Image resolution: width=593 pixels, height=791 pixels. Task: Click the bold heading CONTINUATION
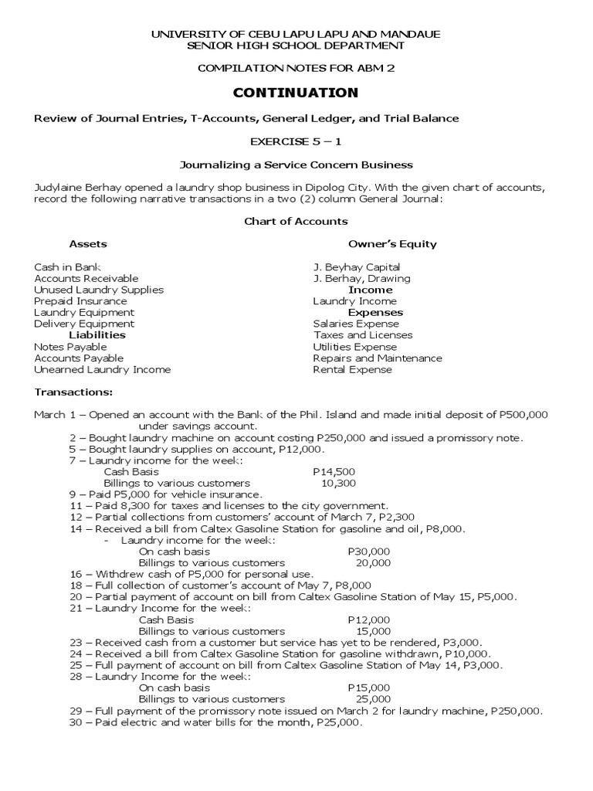[x=296, y=93]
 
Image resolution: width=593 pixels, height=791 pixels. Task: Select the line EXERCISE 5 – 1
[x=296, y=141]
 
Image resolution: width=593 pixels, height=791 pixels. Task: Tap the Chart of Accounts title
[x=296, y=221]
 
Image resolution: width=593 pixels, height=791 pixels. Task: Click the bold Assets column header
[x=88, y=243]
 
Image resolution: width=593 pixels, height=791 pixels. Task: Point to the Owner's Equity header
[x=392, y=243]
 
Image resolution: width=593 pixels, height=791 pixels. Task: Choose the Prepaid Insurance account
[x=80, y=301]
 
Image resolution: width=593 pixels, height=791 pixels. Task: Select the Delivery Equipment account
[x=84, y=324]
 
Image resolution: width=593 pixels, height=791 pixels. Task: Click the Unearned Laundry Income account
[x=102, y=369]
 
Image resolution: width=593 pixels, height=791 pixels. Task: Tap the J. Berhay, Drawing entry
[x=361, y=278]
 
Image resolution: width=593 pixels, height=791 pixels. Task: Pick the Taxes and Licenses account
[x=363, y=335]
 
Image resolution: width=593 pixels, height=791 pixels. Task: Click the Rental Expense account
[x=352, y=369]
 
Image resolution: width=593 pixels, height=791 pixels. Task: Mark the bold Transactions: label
[x=73, y=392]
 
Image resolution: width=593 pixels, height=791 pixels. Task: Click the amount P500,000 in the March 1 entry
[x=524, y=415]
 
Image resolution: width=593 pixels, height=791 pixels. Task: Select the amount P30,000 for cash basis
[x=369, y=552]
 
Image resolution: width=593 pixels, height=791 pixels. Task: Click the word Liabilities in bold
[x=97, y=335]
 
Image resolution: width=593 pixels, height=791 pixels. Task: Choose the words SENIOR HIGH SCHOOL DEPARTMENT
[x=296, y=46]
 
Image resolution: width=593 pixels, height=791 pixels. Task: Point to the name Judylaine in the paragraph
[x=58, y=187]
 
